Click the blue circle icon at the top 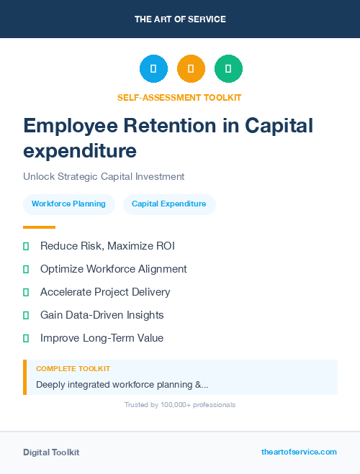[153, 68]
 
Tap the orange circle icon [191, 68]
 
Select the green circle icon [228, 68]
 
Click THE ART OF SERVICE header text [180, 19]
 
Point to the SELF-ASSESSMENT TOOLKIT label [179, 97]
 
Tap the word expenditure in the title [79, 151]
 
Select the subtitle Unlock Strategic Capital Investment [104, 176]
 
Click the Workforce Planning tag [68, 204]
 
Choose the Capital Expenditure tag [169, 204]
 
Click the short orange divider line [39, 227]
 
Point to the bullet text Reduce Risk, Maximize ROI [107, 246]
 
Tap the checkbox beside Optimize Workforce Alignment [26, 269]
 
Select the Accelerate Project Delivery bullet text [105, 292]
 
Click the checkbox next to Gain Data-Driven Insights [26, 315]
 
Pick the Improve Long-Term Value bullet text [102, 338]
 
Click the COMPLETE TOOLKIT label [73, 369]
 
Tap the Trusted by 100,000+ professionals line [180, 405]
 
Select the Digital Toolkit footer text [51, 452]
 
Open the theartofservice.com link [299, 452]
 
